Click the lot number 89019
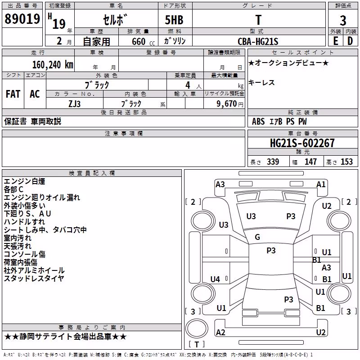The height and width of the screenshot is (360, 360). (x=22, y=18)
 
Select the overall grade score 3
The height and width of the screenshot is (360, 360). (x=343, y=20)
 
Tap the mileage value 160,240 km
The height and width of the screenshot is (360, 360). (x=53, y=65)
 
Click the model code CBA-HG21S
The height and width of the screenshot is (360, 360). (x=258, y=41)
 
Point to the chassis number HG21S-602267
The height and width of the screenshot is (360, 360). (x=302, y=143)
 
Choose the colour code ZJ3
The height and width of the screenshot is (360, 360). (x=75, y=104)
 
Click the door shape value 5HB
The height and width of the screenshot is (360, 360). (x=174, y=20)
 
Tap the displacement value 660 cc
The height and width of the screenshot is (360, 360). (x=143, y=41)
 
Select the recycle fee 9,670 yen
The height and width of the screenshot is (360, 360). (x=230, y=104)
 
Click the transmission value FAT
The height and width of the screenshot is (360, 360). (x=13, y=94)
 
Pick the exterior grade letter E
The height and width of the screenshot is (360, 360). (x=335, y=41)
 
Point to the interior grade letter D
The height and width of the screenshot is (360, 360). (x=350, y=41)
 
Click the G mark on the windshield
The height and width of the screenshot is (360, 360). (x=257, y=237)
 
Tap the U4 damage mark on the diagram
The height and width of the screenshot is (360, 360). (x=215, y=279)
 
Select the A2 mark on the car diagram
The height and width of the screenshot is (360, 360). (x=220, y=332)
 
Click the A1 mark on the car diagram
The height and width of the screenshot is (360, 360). (x=321, y=184)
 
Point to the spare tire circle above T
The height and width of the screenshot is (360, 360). (x=197, y=328)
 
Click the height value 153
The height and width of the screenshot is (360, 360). (x=346, y=162)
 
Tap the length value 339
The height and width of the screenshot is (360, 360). (x=273, y=162)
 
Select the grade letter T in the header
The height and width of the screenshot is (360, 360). (x=258, y=20)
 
